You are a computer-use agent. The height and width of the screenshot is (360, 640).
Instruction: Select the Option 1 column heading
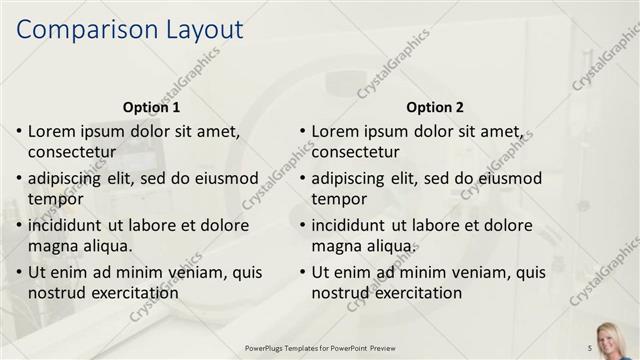(151, 107)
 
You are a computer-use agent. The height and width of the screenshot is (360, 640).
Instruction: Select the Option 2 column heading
(435, 107)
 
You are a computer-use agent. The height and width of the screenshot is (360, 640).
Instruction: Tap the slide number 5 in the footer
(589, 347)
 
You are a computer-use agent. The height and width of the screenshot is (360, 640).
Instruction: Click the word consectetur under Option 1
(72, 153)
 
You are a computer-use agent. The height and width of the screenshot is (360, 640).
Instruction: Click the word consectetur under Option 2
(356, 153)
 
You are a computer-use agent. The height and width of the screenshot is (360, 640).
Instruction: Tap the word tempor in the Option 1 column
(54, 199)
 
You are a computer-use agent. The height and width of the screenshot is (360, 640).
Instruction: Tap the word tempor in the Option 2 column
(338, 199)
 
